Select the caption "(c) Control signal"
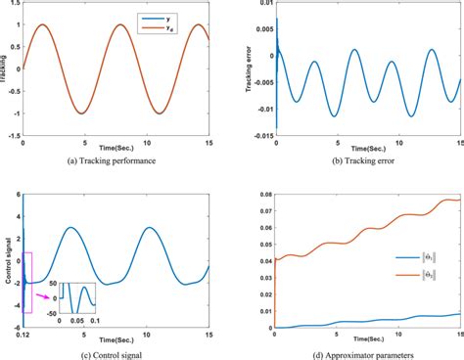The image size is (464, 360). (x=117, y=353)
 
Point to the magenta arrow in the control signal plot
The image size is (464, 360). (x=45, y=291)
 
